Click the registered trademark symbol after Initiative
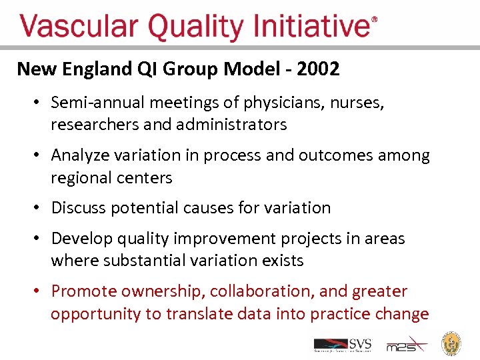coord(374,21)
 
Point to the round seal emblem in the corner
coord(453,343)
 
